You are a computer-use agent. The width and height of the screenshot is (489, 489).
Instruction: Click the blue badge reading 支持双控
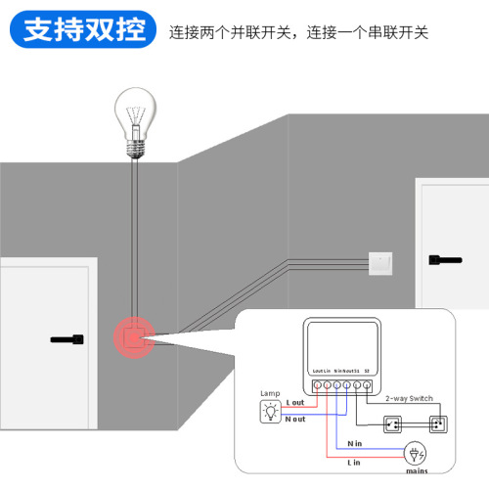tap(81, 29)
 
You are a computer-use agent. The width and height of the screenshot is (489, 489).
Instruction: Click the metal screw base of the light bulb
tap(136, 147)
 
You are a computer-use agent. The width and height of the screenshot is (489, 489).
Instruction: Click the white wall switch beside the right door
tap(379, 261)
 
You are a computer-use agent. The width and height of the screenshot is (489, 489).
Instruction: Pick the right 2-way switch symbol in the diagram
tap(436, 424)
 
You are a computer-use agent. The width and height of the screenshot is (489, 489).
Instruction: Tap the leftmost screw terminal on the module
tap(314, 384)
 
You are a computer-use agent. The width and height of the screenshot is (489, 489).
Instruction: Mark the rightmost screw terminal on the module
tap(367, 384)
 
